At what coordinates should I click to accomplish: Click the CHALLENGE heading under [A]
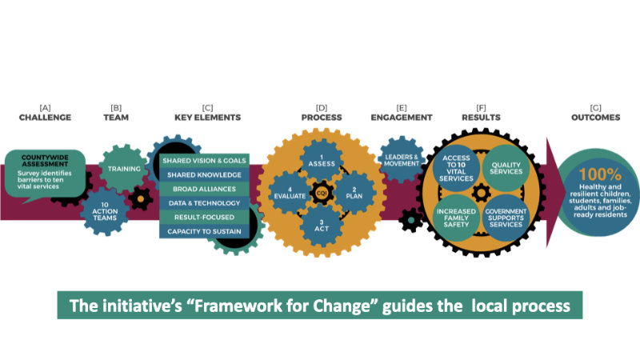(x=45, y=118)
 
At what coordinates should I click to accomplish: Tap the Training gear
(x=124, y=168)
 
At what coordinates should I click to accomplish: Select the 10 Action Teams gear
(x=105, y=211)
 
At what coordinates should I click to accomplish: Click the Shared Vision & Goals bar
(x=204, y=161)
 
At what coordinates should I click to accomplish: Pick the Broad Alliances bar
(x=204, y=189)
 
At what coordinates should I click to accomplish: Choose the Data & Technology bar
(x=204, y=203)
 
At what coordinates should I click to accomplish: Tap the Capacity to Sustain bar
(x=204, y=231)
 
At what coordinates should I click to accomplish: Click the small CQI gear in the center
(x=322, y=193)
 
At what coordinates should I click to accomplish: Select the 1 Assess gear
(x=322, y=161)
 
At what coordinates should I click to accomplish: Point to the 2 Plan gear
(x=354, y=193)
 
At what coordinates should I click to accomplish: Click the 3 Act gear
(x=322, y=226)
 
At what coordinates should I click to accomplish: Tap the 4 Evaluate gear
(x=290, y=193)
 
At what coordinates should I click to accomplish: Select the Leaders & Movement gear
(x=402, y=160)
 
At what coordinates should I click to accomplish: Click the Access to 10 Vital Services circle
(x=456, y=168)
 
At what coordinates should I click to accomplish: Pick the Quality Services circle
(x=506, y=168)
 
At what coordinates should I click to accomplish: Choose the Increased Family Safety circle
(x=456, y=218)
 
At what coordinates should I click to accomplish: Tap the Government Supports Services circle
(x=506, y=218)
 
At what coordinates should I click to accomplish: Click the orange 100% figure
(x=600, y=174)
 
